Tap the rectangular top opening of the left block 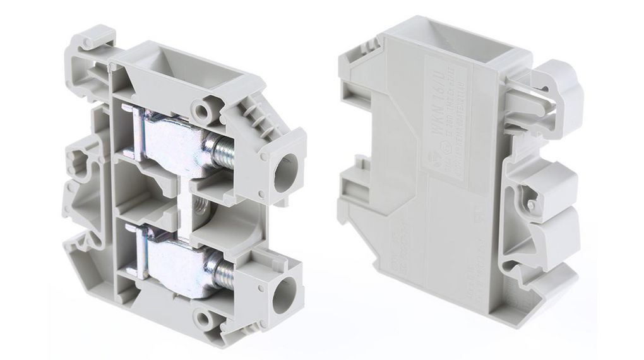tap(154, 66)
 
